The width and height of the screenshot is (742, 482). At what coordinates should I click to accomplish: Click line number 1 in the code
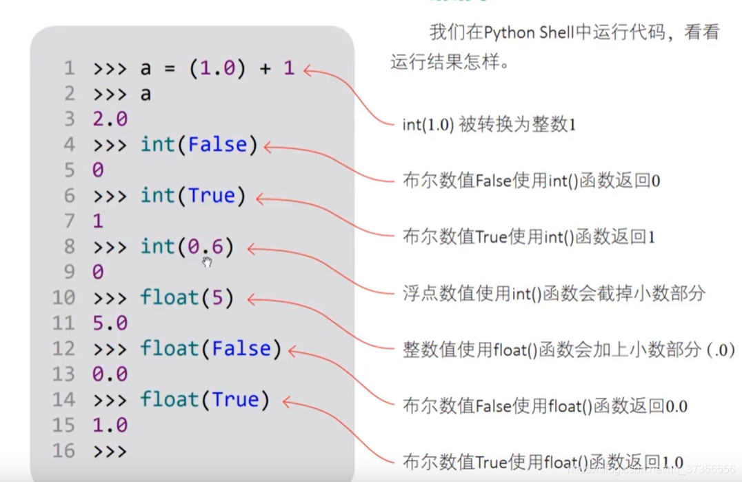point(69,68)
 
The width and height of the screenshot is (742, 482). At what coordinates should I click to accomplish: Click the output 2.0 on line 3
point(110,119)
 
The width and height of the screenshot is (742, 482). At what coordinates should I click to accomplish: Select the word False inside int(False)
point(217,145)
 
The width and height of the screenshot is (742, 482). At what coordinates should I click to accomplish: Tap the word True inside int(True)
point(212,196)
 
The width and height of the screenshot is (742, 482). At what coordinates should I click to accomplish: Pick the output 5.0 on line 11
point(110,323)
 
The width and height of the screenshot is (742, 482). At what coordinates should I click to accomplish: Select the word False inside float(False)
point(241,349)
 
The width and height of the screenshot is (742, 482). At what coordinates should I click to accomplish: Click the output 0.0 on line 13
point(110,374)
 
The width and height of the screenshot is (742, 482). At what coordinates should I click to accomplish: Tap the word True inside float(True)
point(236,400)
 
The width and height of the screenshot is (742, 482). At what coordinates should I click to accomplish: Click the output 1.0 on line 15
point(110,425)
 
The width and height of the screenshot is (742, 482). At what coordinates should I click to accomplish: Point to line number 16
point(63,451)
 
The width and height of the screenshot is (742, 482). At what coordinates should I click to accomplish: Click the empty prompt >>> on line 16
point(110,451)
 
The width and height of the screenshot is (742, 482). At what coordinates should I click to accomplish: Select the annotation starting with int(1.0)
point(489,125)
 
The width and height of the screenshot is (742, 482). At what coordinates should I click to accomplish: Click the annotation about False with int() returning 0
point(532,181)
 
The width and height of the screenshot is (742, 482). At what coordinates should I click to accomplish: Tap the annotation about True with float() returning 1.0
point(543,462)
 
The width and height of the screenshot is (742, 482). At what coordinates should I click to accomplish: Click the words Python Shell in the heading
point(528,32)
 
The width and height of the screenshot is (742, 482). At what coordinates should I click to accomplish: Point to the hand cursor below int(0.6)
point(207,262)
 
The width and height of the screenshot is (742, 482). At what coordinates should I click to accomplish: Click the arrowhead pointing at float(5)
point(252,299)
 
